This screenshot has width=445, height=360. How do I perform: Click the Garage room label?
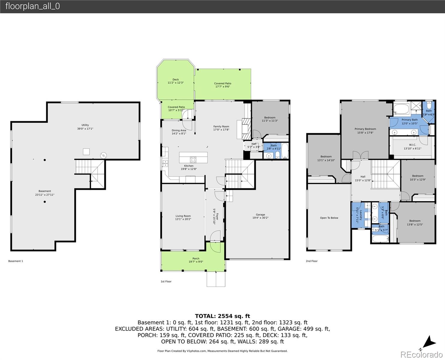tap(260, 216)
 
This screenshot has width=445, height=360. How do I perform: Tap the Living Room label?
tap(183, 217)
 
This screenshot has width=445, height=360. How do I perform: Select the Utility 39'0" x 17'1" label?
tap(85, 127)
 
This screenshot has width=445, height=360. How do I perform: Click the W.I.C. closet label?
tap(412, 147)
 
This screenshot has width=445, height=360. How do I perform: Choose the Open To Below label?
tap(329, 218)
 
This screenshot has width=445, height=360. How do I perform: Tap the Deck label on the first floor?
tap(175, 81)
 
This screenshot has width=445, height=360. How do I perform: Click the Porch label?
tap(196, 260)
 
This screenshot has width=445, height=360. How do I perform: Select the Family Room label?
tap(221, 128)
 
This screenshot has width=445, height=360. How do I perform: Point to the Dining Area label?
tap(179, 132)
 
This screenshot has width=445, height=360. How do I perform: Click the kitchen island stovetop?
tap(193, 159)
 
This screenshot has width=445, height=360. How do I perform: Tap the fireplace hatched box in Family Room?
tap(246, 129)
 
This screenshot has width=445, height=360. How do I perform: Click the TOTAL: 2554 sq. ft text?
tap(222, 316)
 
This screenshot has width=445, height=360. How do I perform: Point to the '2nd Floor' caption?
tap(312, 261)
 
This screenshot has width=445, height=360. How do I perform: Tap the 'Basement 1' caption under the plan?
tap(16, 261)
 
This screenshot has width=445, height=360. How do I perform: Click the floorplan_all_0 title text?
tap(32, 6)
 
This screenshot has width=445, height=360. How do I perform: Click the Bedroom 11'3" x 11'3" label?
tap(270, 119)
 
